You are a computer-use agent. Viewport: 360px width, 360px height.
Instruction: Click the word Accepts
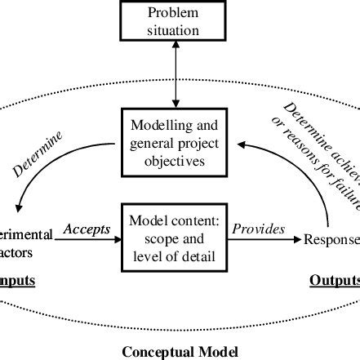click(87, 229)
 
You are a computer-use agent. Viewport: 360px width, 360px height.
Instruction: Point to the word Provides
click(259, 229)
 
